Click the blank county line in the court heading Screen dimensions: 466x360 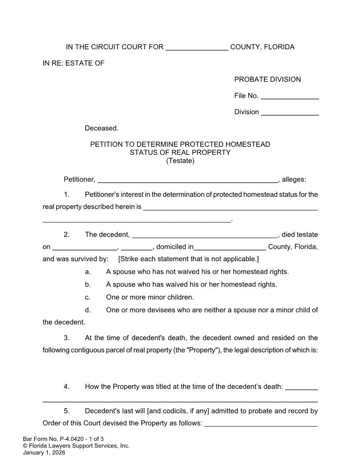[197, 48]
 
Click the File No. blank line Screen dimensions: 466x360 [290, 96]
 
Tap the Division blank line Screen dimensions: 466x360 [290, 113]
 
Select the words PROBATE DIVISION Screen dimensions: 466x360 [267, 79]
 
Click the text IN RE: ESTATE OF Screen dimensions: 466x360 [73, 63]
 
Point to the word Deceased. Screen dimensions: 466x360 [101, 128]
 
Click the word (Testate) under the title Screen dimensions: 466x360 [180, 161]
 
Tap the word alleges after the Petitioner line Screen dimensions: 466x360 [294, 179]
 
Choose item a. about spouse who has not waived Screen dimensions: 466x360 [197, 272]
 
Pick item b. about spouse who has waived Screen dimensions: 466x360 [191, 285]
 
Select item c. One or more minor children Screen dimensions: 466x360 [150, 297]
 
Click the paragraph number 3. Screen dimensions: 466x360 [67, 338]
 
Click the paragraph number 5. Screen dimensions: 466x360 [67, 411]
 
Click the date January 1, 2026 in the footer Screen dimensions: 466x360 [44, 452]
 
